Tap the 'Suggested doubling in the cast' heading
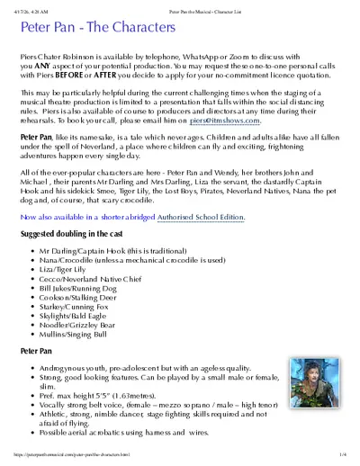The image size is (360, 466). [78, 234]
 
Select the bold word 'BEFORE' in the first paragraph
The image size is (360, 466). [67, 77]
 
